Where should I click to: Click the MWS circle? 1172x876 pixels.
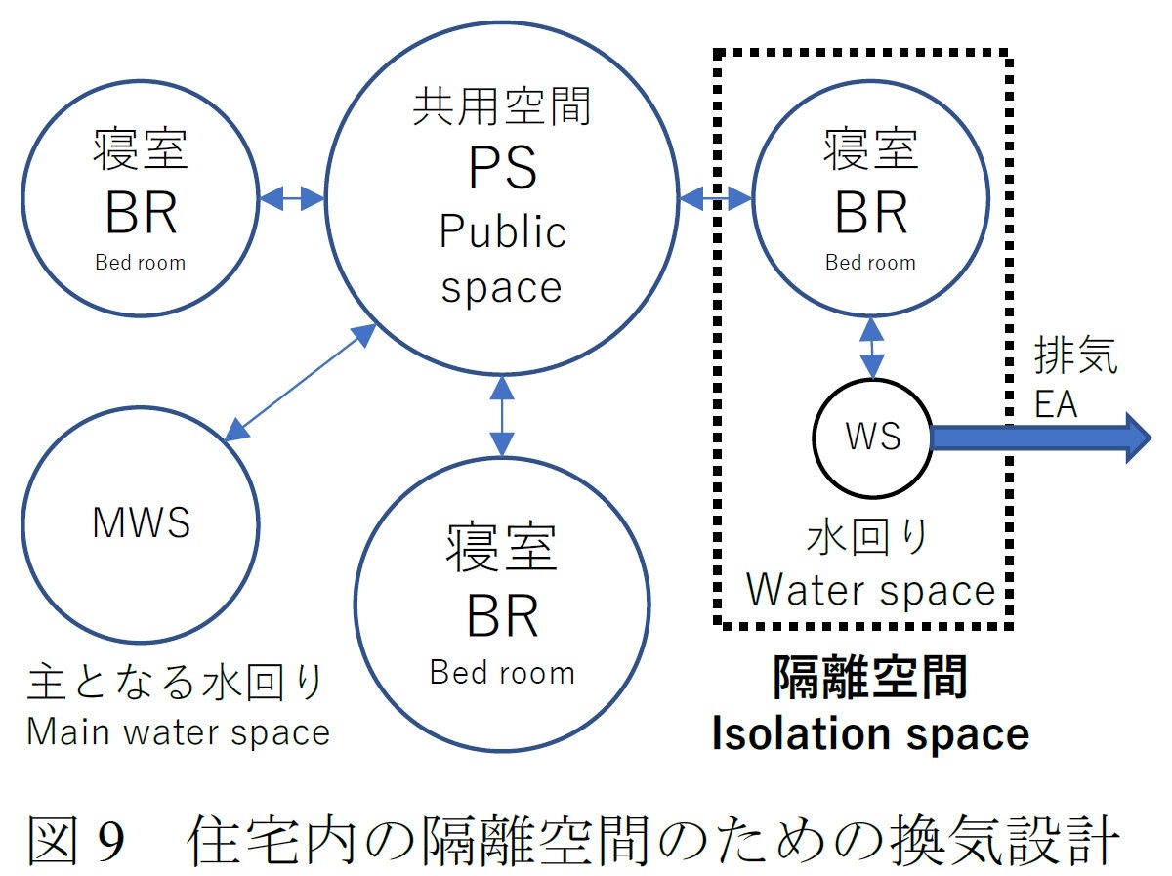[x=141, y=522]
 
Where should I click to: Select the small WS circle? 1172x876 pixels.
[x=872, y=437]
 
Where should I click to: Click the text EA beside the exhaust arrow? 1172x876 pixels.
[x=1056, y=402]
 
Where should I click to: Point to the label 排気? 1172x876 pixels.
[x=1076, y=358]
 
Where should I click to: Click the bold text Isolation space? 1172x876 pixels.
[x=870, y=733]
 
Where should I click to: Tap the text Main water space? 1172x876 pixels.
[x=178, y=730]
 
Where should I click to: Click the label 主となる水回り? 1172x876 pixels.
[x=176, y=684]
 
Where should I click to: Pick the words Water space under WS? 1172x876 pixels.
[x=870, y=590]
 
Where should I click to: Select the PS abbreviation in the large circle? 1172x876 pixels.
[x=502, y=167]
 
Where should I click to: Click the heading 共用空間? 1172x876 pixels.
[x=502, y=106]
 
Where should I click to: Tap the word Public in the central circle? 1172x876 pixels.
[x=502, y=232]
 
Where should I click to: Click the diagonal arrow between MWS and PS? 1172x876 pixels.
[x=300, y=382]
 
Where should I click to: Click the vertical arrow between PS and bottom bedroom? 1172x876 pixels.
[x=502, y=416]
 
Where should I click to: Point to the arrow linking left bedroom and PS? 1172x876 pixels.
[x=292, y=198]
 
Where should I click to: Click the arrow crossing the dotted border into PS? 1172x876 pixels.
[x=715, y=199]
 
